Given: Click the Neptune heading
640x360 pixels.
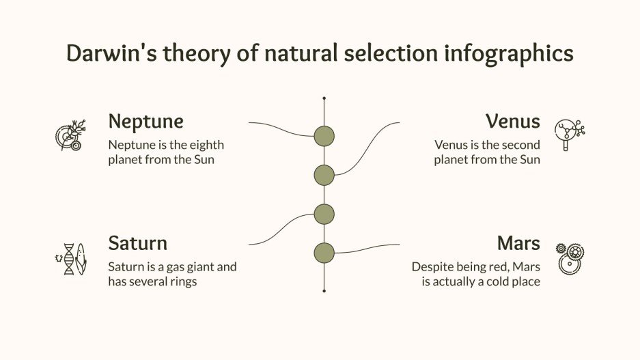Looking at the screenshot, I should pyautogui.click(x=145, y=122).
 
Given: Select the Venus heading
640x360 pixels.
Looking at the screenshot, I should pyautogui.click(x=512, y=122).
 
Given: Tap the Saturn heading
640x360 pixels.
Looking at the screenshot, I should pyautogui.click(x=137, y=243).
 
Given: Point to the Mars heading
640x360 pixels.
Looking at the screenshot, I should pyautogui.click(x=518, y=243).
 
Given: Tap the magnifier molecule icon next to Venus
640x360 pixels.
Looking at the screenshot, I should pyautogui.click(x=569, y=134).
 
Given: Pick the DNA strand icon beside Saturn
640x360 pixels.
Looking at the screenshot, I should pyautogui.click(x=70, y=259).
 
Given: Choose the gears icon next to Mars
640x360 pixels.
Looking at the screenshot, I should pyautogui.click(x=570, y=258).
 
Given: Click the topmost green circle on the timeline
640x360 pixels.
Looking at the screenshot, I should pyautogui.click(x=324, y=136).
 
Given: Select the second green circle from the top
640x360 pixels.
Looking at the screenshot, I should pyautogui.click(x=324, y=175).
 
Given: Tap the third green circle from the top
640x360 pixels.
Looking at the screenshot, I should pyautogui.click(x=324, y=214).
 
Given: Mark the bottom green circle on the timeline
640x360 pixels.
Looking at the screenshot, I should pyautogui.click(x=324, y=253).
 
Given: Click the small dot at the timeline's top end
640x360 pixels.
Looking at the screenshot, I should pyautogui.click(x=324, y=99).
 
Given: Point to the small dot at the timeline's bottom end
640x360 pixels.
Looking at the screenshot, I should pyautogui.click(x=324, y=290).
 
